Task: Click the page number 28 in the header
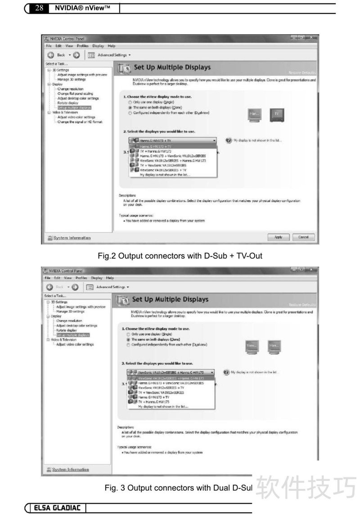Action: click(39, 7)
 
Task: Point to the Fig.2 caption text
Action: click(180, 256)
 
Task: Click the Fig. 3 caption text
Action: click(178, 487)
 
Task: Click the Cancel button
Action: click(303, 237)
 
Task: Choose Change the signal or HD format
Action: click(80, 122)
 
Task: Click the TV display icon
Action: click(277, 115)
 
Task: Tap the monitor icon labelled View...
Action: click(252, 346)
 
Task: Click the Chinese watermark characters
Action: click(306, 487)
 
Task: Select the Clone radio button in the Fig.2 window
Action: click(130, 108)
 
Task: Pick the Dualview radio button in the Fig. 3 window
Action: click(128, 344)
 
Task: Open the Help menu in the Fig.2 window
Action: click(111, 46)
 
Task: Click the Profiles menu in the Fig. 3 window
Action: click(81, 278)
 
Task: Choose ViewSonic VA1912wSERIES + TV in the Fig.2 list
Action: click(162, 171)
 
